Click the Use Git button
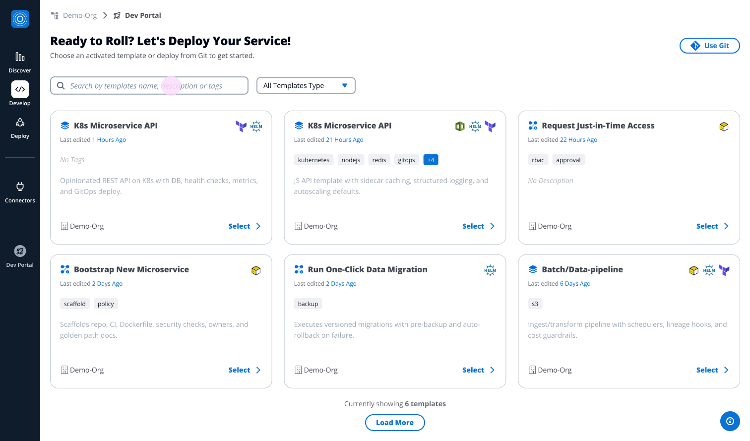[x=709, y=46]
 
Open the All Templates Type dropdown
[x=306, y=85]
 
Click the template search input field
[x=149, y=86]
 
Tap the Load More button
[x=395, y=422]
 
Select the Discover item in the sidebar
[x=20, y=63]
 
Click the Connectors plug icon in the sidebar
[x=20, y=187]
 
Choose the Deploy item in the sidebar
[x=20, y=128]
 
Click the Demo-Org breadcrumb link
[x=80, y=15]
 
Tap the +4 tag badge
[x=431, y=160]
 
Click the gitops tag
[x=406, y=160]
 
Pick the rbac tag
[x=538, y=160]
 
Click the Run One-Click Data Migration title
[x=367, y=269]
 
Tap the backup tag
[x=308, y=304]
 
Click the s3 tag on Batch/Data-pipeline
[x=535, y=304]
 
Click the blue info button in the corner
[x=730, y=421]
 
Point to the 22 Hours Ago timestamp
[x=578, y=139]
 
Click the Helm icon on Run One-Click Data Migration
[x=490, y=270]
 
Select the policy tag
[x=106, y=304]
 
